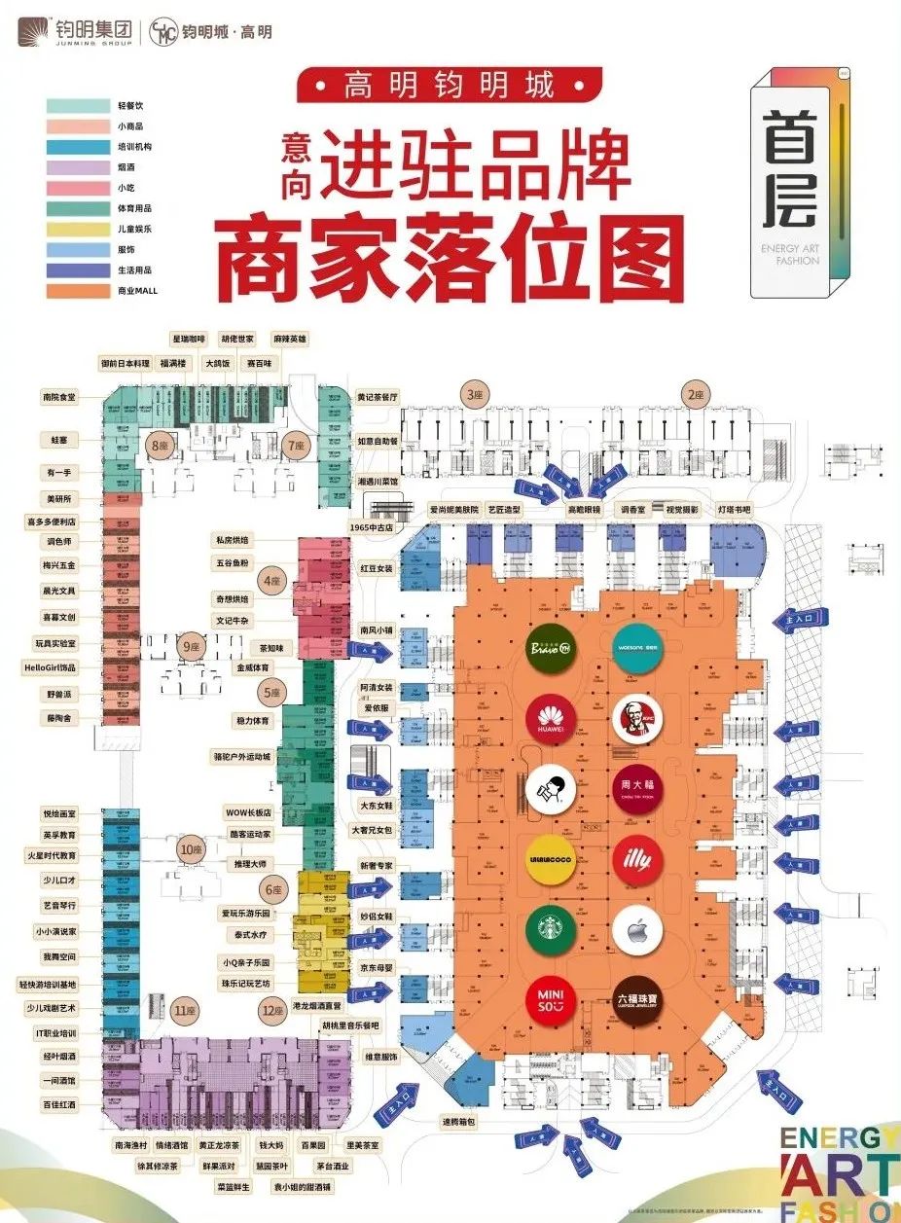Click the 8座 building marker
[x=158, y=446]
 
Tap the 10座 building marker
[x=189, y=849]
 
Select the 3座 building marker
[x=474, y=395]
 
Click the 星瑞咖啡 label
[x=189, y=339]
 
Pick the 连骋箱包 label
[x=459, y=1122]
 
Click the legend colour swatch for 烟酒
[x=77, y=167]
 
